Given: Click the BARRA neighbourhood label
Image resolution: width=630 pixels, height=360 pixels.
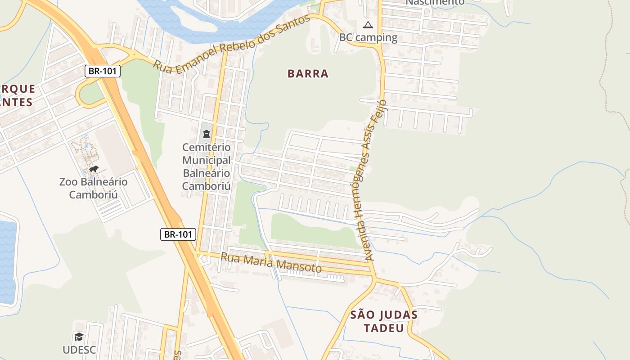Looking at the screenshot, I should pos(308,74).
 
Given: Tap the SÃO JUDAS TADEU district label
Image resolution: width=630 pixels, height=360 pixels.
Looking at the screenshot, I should pos(384,321).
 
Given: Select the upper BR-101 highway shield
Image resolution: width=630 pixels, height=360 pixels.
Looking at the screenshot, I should pos(103,71).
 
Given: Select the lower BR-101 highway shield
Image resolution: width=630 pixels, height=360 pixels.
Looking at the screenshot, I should pos(178,234).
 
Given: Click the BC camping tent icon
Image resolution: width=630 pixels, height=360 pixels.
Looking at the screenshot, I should pos(368,25).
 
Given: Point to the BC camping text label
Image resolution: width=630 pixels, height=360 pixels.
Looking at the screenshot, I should pos(368,37).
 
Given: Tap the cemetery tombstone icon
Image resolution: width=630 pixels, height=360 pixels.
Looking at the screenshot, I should pos(207,134).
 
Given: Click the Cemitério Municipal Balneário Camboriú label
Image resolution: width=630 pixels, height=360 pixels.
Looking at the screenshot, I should pos(207,166).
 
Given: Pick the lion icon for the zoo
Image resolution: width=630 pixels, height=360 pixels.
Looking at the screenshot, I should pos(94,169).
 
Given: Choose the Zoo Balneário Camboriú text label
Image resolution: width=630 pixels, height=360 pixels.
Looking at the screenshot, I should pos(93,188).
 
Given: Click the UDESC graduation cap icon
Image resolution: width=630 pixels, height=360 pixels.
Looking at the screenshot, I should pos(79,337).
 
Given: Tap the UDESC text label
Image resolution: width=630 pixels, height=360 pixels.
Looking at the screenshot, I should pos(79,349).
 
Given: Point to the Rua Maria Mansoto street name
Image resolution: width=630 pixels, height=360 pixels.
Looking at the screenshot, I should pos(271,263).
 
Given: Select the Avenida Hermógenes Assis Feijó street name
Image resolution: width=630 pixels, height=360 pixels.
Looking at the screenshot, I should pos(369,180).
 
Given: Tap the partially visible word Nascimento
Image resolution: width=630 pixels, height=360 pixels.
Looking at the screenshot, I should pos(435,3).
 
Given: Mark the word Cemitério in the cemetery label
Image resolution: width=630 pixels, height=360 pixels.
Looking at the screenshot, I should pos(207,147).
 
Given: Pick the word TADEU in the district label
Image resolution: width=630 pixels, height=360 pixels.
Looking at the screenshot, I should pos(384,328).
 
